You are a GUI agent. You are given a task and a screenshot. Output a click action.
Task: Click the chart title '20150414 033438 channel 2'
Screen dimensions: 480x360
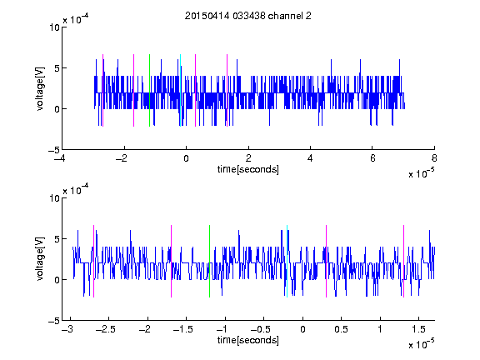pos(248,16)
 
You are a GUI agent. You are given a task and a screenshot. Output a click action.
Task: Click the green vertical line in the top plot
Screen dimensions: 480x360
pos(149,90)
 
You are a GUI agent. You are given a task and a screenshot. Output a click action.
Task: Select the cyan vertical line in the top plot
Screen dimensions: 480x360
pos(180,90)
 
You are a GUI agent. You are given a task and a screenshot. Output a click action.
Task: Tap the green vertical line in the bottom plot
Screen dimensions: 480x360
pos(210,261)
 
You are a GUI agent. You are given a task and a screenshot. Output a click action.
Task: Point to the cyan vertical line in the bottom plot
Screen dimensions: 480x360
pos(287,261)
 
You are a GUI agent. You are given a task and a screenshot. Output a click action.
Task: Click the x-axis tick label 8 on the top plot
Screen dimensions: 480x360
pos(434,158)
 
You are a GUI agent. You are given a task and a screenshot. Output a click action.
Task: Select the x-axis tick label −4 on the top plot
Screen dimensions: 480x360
pos(60,158)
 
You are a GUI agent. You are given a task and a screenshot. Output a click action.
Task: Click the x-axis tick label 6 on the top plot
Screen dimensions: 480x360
pos(372,158)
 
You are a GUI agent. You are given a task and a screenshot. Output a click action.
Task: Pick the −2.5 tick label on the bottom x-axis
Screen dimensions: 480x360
pos(106,329)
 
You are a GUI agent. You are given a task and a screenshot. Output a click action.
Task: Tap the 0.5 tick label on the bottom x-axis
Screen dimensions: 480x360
pos(341,329)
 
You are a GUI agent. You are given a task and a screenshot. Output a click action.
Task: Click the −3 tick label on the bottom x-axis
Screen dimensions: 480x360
pos(67,329)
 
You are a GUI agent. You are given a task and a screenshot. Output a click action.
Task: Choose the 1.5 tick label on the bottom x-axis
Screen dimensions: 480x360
pos(418,329)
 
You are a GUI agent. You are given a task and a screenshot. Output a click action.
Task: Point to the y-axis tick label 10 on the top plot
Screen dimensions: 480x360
pos(54,27)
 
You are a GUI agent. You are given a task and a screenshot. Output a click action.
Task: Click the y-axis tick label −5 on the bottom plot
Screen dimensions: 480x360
pos(54,321)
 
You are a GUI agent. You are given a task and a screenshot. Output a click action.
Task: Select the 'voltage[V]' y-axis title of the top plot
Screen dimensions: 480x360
pos(40,88)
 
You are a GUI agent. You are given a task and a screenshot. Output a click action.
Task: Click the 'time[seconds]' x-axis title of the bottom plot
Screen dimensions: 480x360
pos(248,340)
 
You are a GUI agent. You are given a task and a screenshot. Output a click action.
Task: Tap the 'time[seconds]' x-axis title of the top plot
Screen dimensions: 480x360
pos(248,169)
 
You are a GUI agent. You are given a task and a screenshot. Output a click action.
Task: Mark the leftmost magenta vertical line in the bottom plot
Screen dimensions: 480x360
pos(93,261)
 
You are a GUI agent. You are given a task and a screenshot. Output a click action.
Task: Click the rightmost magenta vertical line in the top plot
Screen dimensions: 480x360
pos(227,90)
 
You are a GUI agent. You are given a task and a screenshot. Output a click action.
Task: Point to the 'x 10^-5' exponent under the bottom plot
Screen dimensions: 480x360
pos(422,344)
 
